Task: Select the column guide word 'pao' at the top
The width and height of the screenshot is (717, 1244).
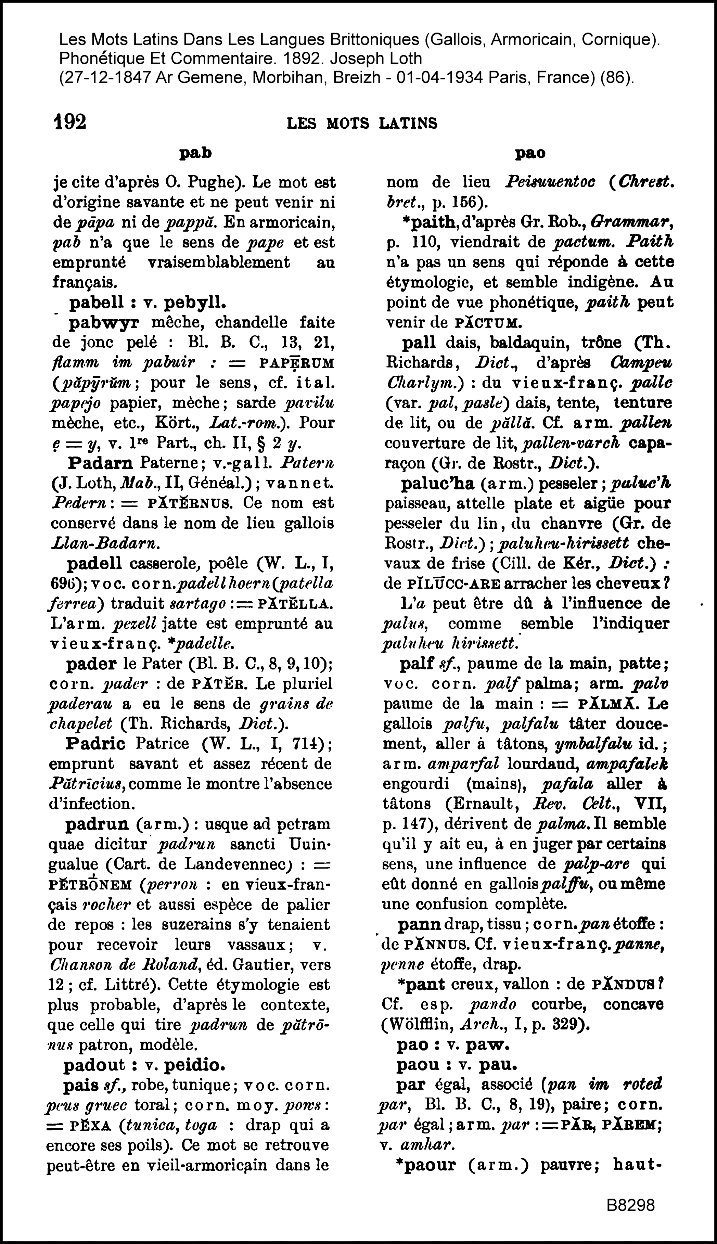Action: (530, 154)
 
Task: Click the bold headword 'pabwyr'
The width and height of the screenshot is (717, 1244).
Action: (103, 323)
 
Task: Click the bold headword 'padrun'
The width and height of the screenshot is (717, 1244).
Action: (97, 824)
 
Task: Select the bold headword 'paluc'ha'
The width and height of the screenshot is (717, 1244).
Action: (437, 484)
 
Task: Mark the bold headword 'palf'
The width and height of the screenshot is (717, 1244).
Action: (417, 664)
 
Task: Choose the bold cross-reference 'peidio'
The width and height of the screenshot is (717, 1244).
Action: (194, 1065)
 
